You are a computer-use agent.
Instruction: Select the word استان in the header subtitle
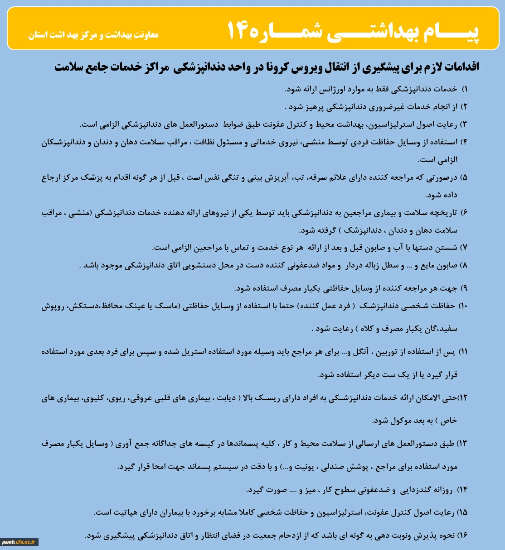(39, 35)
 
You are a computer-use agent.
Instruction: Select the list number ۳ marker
(464, 124)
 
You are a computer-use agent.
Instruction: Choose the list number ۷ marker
(464, 248)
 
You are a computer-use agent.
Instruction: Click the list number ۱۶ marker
(462, 536)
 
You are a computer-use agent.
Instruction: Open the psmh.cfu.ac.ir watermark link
(19, 542)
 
